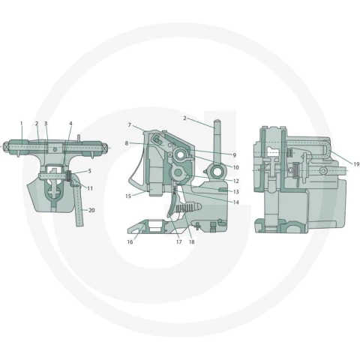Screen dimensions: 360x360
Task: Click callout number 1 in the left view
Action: pyautogui.click(x=22, y=124)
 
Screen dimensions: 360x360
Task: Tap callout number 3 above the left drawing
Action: pyautogui.click(x=46, y=124)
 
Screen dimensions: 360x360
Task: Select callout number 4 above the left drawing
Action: pyautogui.click(x=70, y=124)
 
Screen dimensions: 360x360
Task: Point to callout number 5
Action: pyautogui.click(x=89, y=171)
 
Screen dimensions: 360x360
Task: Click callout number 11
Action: pyautogui.click(x=90, y=188)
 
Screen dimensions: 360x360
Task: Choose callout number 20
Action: pyautogui.click(x=91, y=210)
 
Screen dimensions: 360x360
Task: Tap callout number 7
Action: pyautogui.click(x=130, y=124)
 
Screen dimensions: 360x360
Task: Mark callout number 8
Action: pyautogui.click(x=127, y=143)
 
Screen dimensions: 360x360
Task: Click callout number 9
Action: pyautogui.click(x=235, y=155)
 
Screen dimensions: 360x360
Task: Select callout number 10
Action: pyautogui.click(x=236, y=167)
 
